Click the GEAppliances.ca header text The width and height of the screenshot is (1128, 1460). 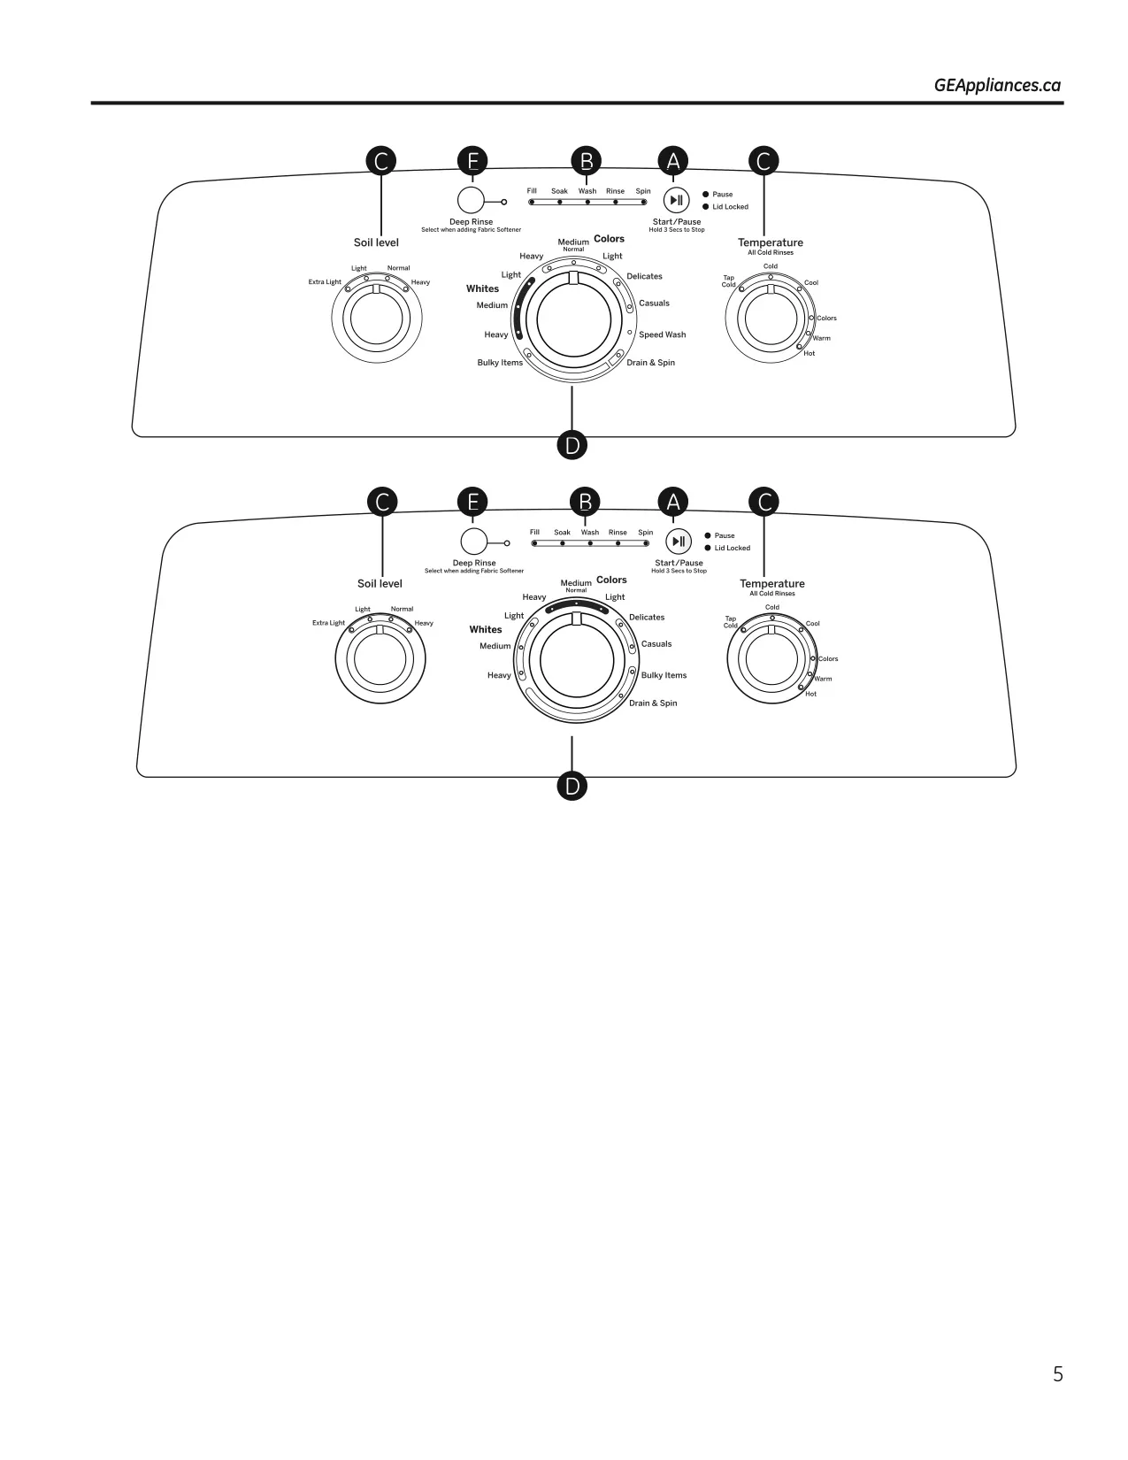pyautogui.click(x=997, y=85)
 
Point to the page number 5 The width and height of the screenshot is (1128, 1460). pyautogui.click(x=1057, y=1374)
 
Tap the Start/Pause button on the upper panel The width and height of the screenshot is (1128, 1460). pyautogui.click(x=677, y=200)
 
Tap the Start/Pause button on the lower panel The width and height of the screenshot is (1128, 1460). pyautogui.click(x=679, y=542)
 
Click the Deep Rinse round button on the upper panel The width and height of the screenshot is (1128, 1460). pyautogui.click(x=471, y=200)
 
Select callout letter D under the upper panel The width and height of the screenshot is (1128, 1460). pyautogui.click(x=572, y=445)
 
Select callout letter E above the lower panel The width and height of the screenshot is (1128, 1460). pyautogui.click(x=472, y=502)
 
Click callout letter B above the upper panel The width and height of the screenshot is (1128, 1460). pyautogui.click(x=587, y=161)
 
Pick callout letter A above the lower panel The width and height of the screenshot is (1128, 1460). pyautogui.click(x=673, y=502)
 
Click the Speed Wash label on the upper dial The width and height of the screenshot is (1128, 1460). pyautogui.click(x=663, y=334)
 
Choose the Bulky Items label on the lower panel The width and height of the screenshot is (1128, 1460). pyautogui.click(x=664, y=675)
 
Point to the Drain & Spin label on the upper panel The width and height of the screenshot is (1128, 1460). pyautogui.click(x=651, y=363)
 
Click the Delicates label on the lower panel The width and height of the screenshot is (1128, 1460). pyautogui.click(x=647, y=618)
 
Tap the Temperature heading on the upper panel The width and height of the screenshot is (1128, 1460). pyautogui.click(x=771, y=242)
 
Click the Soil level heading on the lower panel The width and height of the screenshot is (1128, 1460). pyautogui.click(x=380, y=584)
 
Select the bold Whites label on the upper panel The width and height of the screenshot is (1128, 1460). pyautogui.click(x=482, y=289)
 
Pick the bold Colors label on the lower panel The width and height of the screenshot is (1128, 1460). pyautogui.click(x=611, y=580)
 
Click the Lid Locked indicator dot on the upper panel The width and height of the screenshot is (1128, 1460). pyautogui.click(x=705, y=207)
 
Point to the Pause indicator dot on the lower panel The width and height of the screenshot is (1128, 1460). pyautogui.click(x=708, y=535)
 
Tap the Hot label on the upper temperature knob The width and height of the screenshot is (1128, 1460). pyautogui.click(x=809, y=353)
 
